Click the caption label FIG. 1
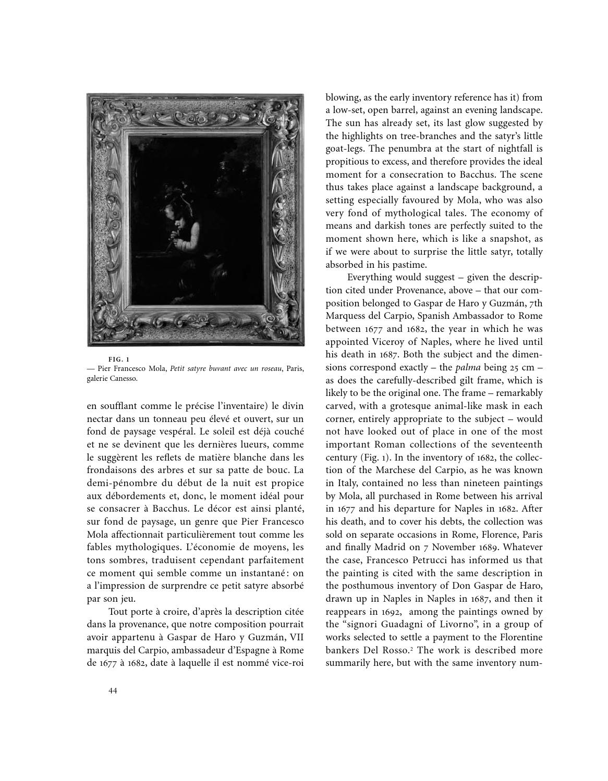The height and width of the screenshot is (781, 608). (x=118, y=359)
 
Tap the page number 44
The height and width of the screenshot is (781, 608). (x=113, y=691)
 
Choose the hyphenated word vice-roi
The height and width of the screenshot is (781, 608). (x=286, y=663)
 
